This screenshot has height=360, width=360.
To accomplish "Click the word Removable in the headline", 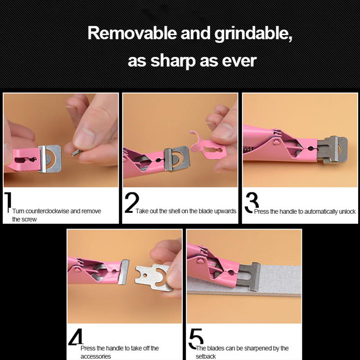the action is (x=132, y=33).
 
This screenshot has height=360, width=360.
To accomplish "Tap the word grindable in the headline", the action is (x=253, y=35).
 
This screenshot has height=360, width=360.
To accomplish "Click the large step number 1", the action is (x=8, y=202).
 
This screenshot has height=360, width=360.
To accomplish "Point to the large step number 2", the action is (x=132, y=202).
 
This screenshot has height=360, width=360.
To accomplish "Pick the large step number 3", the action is (x=251, y=202).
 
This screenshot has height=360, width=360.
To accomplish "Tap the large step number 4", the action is (x=76, y=337).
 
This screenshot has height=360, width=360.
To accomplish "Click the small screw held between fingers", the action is (x=76, y=153).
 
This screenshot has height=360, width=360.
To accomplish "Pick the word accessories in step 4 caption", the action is (x=95, y=356).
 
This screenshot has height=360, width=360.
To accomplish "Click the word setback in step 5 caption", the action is (x=206, y=356).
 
